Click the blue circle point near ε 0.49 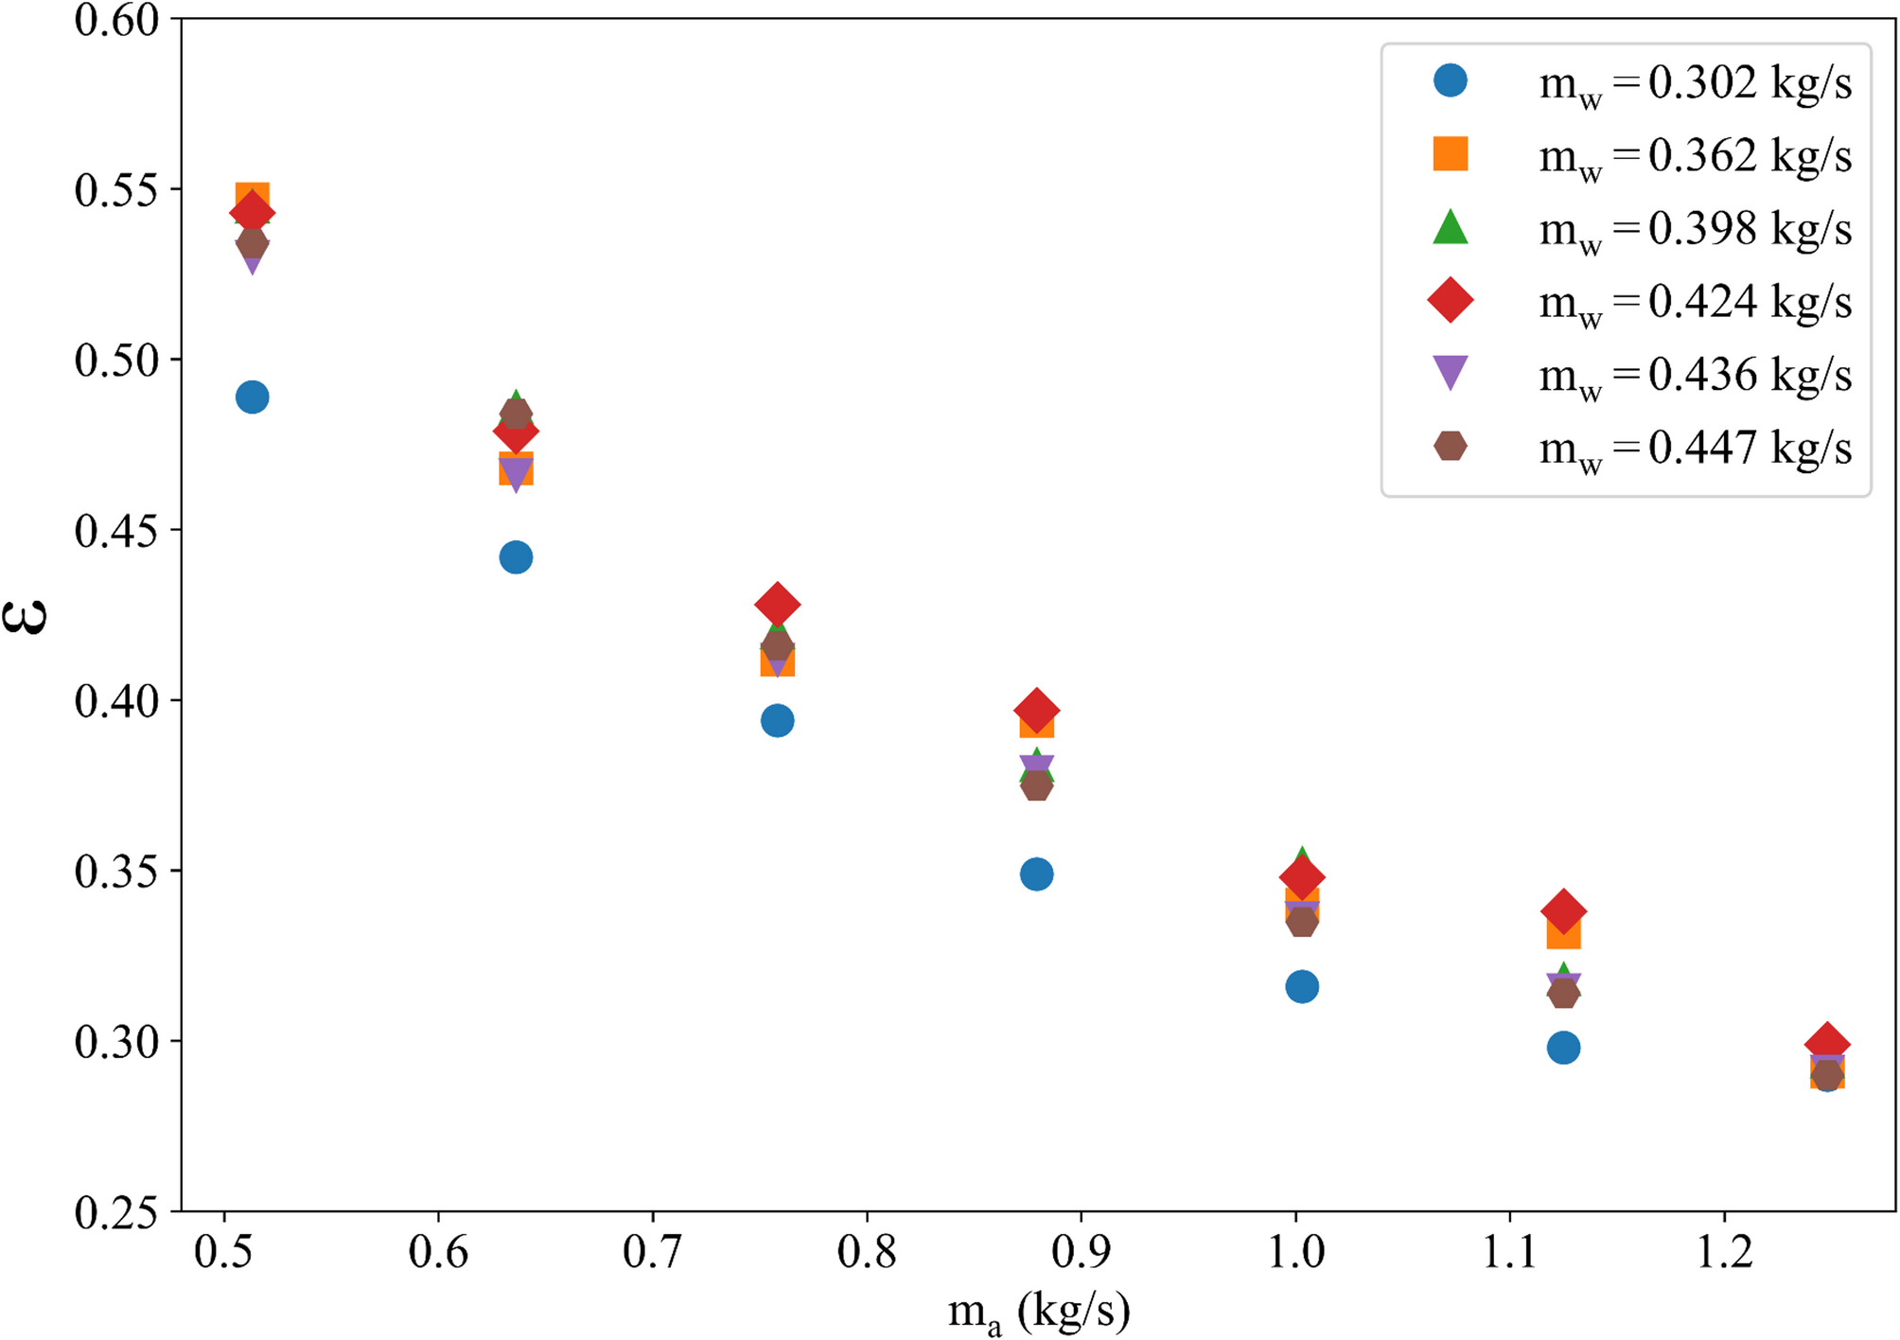pos(252,397)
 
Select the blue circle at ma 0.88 pos(1037,874)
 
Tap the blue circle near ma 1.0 pos(1302,987)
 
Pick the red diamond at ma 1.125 pos(1564,911)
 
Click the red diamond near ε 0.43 pos(778,604)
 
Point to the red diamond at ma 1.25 pos(1827,1044)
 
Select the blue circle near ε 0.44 pos(516,557)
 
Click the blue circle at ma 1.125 pos(1564,1048)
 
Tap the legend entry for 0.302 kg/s pos(1694,83)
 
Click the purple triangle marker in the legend pos(1451,372)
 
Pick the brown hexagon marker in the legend pos(1451,446)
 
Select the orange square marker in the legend pos(1451,153)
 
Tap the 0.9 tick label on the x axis pos(1081,1253)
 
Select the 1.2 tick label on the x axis pos(1724,1253)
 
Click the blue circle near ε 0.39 pos(778,721)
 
